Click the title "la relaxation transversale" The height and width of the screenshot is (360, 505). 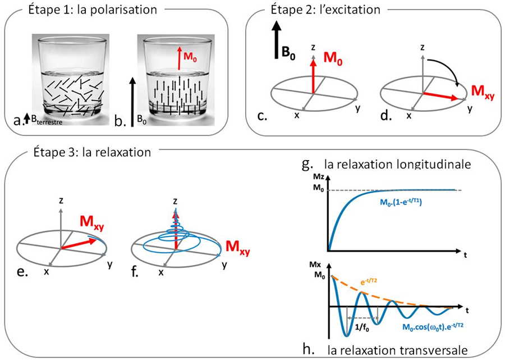[397, 351]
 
